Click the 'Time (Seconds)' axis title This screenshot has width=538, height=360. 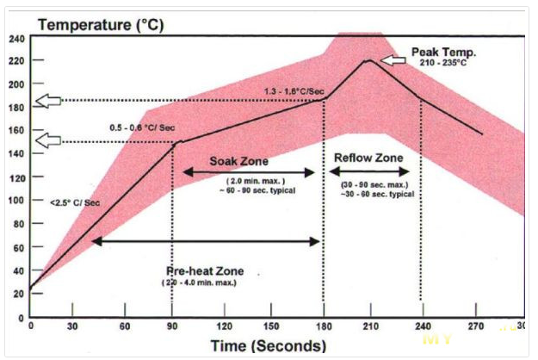269,345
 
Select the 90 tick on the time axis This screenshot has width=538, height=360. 172,326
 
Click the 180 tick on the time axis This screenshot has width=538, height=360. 323,326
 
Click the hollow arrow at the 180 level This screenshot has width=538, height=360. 48,102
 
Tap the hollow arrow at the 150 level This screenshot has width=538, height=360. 48,140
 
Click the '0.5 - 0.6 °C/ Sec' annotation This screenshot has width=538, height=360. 142,127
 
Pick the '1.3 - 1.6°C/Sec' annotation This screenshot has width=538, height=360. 295,90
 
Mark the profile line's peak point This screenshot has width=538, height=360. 368,60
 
